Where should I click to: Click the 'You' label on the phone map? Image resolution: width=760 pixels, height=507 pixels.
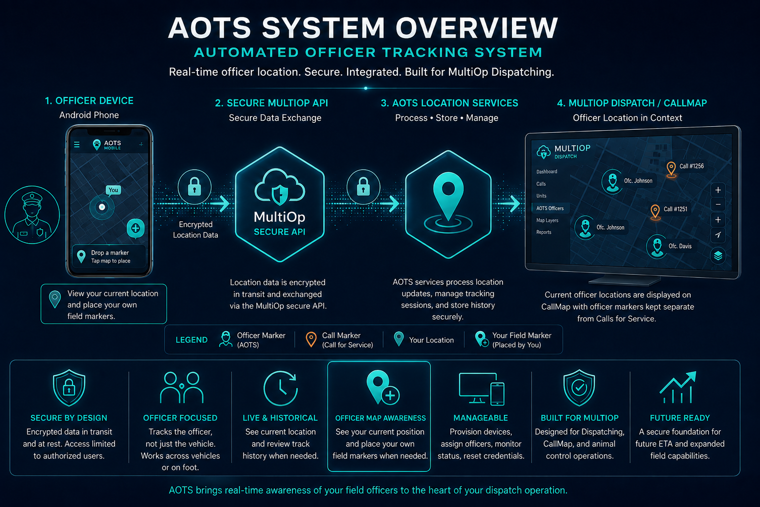(113, 190)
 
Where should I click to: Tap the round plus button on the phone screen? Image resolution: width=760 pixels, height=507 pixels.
(135, 228)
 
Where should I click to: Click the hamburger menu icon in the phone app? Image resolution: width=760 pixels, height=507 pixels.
(77, 145)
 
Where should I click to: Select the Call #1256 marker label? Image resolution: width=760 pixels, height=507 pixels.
(692, 166)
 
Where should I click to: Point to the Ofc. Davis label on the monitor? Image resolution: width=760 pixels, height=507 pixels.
(680, 246)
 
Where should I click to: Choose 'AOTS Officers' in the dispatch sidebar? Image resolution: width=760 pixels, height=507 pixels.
(550, 208)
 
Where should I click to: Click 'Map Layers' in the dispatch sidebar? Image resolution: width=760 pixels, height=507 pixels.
(547, 220)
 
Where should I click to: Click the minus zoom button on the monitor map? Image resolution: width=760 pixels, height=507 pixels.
(718, 204)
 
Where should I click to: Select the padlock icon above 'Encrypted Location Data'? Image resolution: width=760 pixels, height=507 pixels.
(195, 187)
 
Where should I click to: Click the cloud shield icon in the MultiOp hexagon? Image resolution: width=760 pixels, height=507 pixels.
(280, 187)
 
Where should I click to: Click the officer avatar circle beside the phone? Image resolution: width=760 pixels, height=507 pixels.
(32, 214)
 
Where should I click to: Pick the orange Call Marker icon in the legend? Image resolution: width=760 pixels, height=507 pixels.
(311, 339)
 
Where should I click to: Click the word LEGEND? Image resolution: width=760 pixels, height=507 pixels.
(191, 340)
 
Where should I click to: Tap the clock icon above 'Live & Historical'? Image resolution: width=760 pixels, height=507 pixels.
(280, 388)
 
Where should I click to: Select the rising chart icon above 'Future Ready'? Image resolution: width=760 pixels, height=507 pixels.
(678, 387)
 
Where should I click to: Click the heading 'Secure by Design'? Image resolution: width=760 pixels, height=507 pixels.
(69, 418)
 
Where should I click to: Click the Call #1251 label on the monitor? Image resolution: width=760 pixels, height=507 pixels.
(675, 209)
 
